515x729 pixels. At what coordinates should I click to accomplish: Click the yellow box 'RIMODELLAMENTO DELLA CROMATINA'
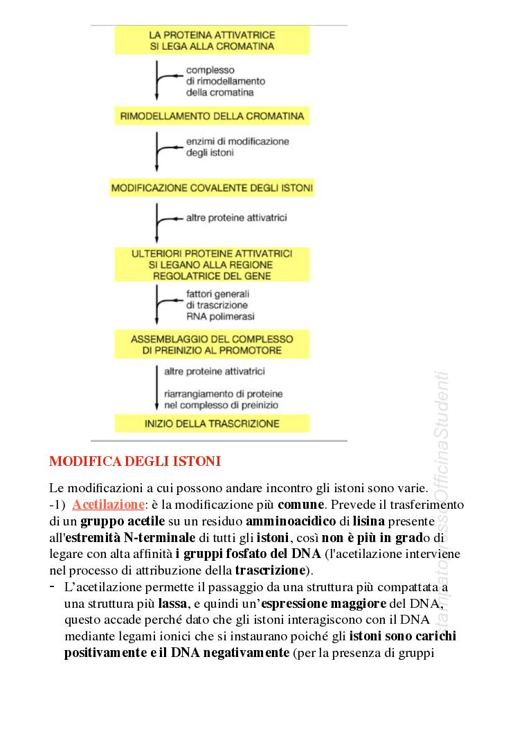(x=213, y=116)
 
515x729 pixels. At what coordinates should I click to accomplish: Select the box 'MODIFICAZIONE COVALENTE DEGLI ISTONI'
(x=213, y=188)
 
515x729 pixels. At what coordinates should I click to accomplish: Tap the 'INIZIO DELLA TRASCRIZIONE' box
(x=213, y=423)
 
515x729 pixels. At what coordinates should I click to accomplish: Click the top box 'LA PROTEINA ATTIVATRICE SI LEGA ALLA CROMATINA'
(x=213, y=41)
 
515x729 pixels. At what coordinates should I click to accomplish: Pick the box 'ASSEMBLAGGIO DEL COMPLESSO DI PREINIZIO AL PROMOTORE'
(x=213, y=345)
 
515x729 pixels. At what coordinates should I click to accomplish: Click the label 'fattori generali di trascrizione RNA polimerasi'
(x=220, y=305)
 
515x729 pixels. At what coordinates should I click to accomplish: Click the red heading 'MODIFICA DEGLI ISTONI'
(x=135, y=461)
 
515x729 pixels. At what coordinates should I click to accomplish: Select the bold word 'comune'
(x=301, y=505)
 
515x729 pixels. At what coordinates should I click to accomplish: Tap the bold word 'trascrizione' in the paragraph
(x=270, y=570)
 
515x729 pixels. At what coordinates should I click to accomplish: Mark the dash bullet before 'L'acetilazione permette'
(x=53, y=586)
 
